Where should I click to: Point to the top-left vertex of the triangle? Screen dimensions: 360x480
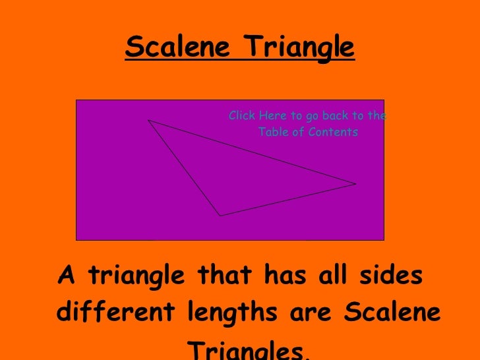[x=148, y=121]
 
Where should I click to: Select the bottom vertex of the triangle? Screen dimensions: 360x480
[x=220, y=215]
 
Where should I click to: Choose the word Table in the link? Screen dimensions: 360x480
[x=271, y=132]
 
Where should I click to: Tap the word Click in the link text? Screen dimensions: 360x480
[x=241, y=116]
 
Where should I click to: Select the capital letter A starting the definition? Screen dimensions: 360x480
[x=67, y=276]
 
